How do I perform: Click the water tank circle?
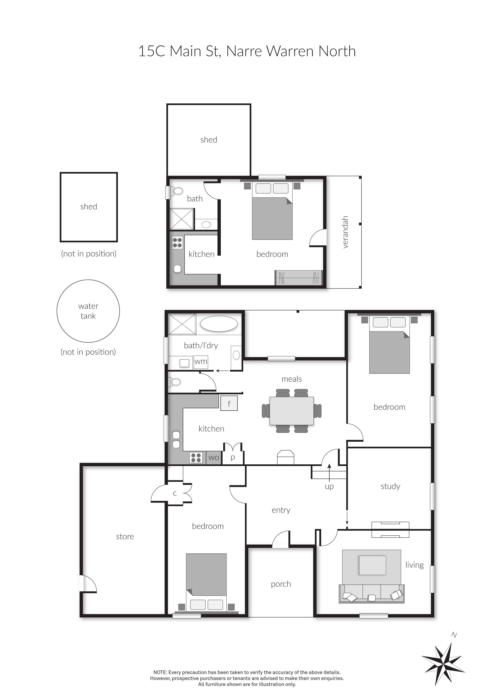tap(88, 311)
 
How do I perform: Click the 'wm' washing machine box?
tap(201, 362)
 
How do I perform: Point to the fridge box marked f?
tap(229, 403)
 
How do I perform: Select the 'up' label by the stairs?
tap(329, 486)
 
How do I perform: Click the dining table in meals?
tap(292, 411)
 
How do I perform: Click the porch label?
tap(281, 584)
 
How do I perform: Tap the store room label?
tap(125, 537)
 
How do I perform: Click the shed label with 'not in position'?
tap(89, 207)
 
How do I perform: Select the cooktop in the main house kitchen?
tap(196, 457)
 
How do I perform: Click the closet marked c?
tap(175, 493)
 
